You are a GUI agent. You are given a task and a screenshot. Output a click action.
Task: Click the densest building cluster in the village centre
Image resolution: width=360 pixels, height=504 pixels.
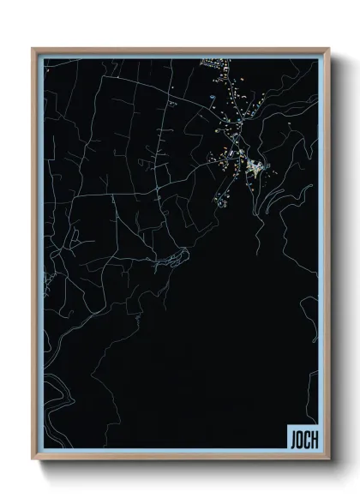click(253, 164)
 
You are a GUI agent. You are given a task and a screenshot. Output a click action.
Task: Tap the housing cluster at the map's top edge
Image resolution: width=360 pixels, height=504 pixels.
click(212, 62)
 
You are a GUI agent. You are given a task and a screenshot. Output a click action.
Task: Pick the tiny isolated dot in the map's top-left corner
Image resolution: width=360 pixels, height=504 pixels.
click(48, 71)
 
